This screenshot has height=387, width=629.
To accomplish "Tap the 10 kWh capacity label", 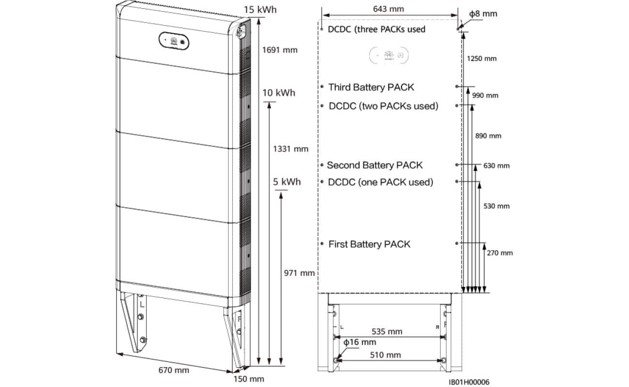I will pyautogui.click(x=279, y=92).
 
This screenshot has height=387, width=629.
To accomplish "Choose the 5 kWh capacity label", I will pyautogui.click(x=287, y=182).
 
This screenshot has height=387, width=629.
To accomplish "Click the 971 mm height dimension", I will pyautogui.click(x=299, y=273).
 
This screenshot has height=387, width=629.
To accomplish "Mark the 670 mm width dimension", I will pyautogui.click(x=174, y=371).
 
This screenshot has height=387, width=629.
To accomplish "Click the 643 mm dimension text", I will pyautogui.click(x=389, y=9).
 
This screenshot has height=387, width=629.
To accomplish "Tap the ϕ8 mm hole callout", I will pyautogui.click(x=483, y=14).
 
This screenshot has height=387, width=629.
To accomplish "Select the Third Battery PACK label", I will pyautogui.click(x=371, y=87).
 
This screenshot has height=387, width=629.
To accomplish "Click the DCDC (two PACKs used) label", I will pyautogui.click(x=383, y=106).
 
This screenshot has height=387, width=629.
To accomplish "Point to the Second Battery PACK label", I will pyautogui.click(x=374, y=165).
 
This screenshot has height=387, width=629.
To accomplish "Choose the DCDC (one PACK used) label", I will pyautogui.click(x=380, y=182).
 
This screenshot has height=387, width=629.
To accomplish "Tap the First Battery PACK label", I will pyautogui.click(x=369, y=244).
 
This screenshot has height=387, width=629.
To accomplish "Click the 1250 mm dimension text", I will pyautogui.click(x=482, y=59).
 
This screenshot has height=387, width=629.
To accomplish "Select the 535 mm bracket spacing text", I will pyautogui.click(x=387, y=332).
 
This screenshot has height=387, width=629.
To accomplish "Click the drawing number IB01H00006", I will pyautogui.click(x=469, y=382).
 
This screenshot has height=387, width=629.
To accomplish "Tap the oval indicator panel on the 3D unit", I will pyautogui.click(x=174, y=41).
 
